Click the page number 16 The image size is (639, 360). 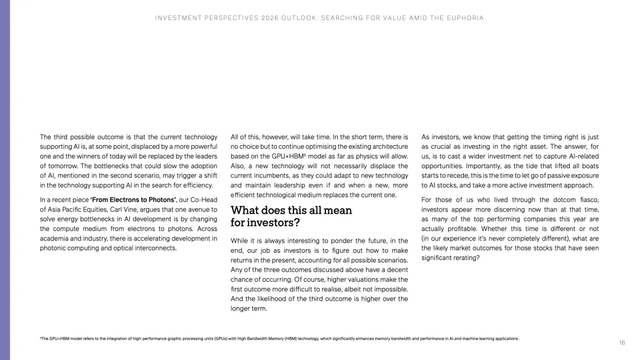pos(622,343)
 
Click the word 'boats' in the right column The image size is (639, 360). pos(586,166)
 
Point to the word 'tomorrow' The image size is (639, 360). pos(66,166)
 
